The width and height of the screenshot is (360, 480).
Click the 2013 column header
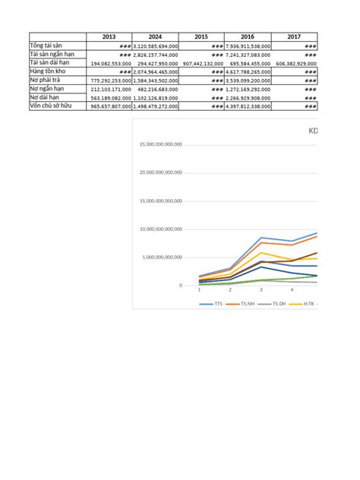(x=109, y=36)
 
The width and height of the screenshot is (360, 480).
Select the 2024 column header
(x=155, y=36)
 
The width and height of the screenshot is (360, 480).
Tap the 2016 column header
(x=248, y=36)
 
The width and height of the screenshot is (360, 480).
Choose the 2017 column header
(x=294, y=36)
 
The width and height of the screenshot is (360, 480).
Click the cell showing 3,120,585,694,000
(x=156, y=46)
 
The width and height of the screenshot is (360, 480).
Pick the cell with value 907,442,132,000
(x=201, y=63)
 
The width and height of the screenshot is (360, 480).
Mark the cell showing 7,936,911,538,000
(x=248, y=46)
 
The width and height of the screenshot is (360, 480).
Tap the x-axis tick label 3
(x=261, y=289)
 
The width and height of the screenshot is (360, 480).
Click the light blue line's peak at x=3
(x=261, y=238)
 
